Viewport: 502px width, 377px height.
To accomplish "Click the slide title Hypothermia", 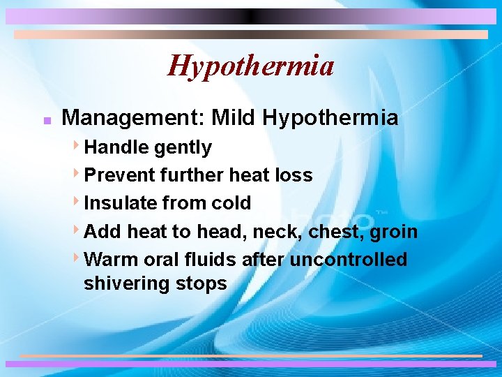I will pyautogui.click(x=251, y=66).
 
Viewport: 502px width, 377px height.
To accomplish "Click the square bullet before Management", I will pyautogui.click(x=45, y=119).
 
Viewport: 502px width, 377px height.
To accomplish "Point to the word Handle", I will pyautogui.click(x=116, y=147).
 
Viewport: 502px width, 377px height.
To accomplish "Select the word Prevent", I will pyautogui.click(x=119, y=175).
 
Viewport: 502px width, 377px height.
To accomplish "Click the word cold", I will pyautogui.click(x=231, y=203).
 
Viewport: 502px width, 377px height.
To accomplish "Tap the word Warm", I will pyautogui.click(x=111, y=260).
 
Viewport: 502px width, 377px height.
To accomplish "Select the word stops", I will pyautogui.click(x=201, y=284).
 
